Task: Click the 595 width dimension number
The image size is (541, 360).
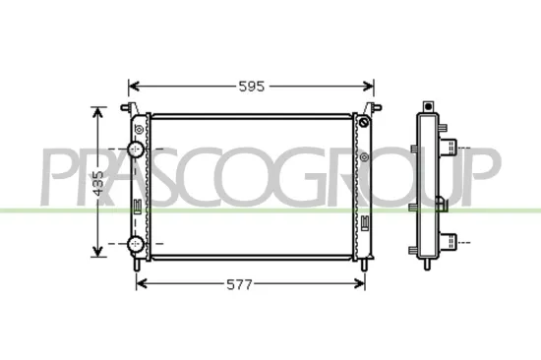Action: click(x=252, y=87)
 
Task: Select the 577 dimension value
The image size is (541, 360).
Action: click(x=240, y=285)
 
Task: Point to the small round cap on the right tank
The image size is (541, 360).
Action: click(x=365, y=123)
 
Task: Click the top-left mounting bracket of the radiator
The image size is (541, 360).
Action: click(x=126, y=107)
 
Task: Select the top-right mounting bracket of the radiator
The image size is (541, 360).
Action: click(x=372, y=106)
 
